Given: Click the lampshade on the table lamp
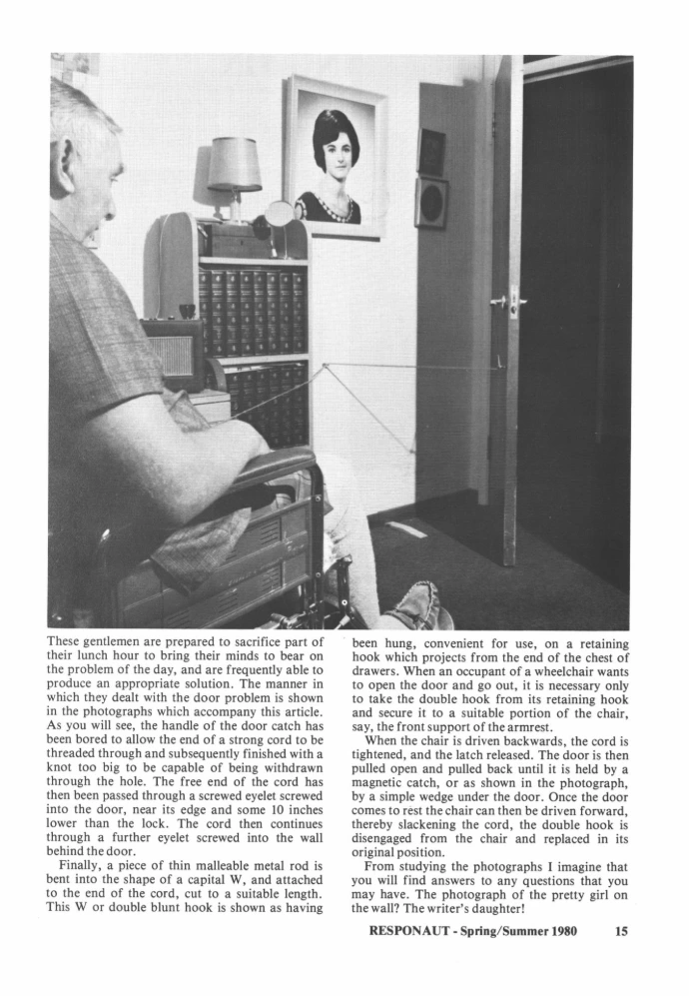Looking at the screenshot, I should (x=235, y=165).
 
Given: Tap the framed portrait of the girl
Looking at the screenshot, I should (x=336, y=157).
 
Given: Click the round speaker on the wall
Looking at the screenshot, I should (x=432, y=203).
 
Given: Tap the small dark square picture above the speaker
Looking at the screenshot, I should (x=431, y=152).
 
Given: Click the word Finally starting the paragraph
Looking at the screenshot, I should (x=81, y=864).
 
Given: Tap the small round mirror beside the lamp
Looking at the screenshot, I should (x=280, y=214).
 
